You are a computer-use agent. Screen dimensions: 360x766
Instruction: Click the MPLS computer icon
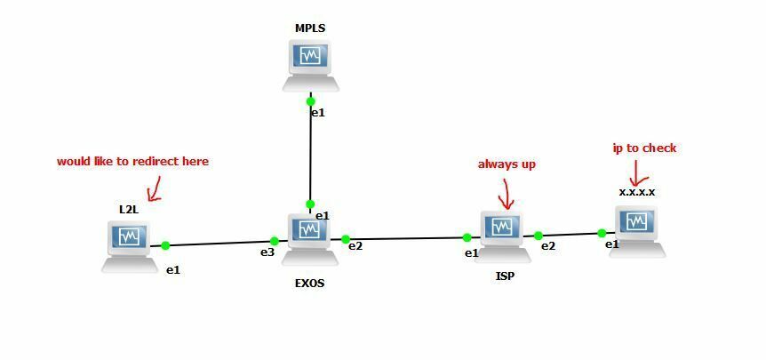pyautogui.click(x=310, y=65)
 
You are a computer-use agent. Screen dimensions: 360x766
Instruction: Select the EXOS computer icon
pyautogui.click(x=310, y=237)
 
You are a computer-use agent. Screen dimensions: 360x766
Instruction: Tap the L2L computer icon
pyautogui.click(x=130, y=244)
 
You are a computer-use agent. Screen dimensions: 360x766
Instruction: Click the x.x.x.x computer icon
pyautogui.click(x=637, y=229)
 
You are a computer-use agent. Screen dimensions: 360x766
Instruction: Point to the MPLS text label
pyautogui.click(x=310, y=28)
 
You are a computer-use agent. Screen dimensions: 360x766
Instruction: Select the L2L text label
pyautogui.click(x=129, y=209)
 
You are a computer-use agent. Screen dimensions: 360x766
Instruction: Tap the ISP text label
pyautogui.click(x=505, y=276)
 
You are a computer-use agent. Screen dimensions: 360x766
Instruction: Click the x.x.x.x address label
pyautogui.click(x=637, y=191)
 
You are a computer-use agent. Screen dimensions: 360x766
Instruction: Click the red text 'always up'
pyautogui.click(x=507, y=164)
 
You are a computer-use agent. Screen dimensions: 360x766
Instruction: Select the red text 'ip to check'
pyautogui.click(x=645, y=148)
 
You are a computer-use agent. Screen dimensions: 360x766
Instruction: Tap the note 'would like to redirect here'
pyautogui.click(x=132, y=162)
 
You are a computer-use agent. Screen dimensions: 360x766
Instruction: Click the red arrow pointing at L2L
pyautogui.click(x=154, y=187)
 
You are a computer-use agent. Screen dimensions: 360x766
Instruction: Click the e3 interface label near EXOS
pyautogui.click(x=267, y=253)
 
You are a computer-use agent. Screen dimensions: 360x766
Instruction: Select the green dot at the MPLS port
pyautogui.click(x=310, y=101)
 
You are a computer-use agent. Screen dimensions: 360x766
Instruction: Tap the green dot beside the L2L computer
pyautogui.click(x=165, y=245)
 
